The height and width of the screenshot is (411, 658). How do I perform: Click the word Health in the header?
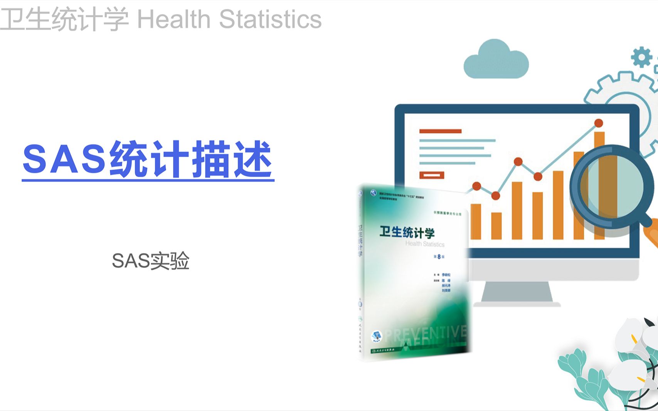[173, 19]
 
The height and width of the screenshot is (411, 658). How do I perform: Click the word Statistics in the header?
[270, 19]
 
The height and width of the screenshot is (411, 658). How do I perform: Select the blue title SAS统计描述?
[148, 159]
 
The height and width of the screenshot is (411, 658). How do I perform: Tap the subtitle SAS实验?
[150, 261]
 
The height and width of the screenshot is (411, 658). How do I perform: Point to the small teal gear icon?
[641, 57]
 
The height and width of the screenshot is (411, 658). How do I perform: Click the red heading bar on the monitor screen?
[440, 131]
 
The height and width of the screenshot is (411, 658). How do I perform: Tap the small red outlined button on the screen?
[432, 175]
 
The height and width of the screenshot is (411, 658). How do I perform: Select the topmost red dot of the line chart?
[599, 123]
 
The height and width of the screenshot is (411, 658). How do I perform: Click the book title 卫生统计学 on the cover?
[407, 232]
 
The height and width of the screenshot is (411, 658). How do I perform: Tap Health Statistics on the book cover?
[425, 244]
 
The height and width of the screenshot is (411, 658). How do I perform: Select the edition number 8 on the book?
[439, 257]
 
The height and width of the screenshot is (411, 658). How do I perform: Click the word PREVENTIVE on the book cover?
[426, 334]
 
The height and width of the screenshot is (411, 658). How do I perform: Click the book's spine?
[360, 270]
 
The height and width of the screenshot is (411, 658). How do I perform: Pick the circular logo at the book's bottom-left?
[376, 336]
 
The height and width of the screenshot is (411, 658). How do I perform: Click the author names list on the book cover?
[445, 283]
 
